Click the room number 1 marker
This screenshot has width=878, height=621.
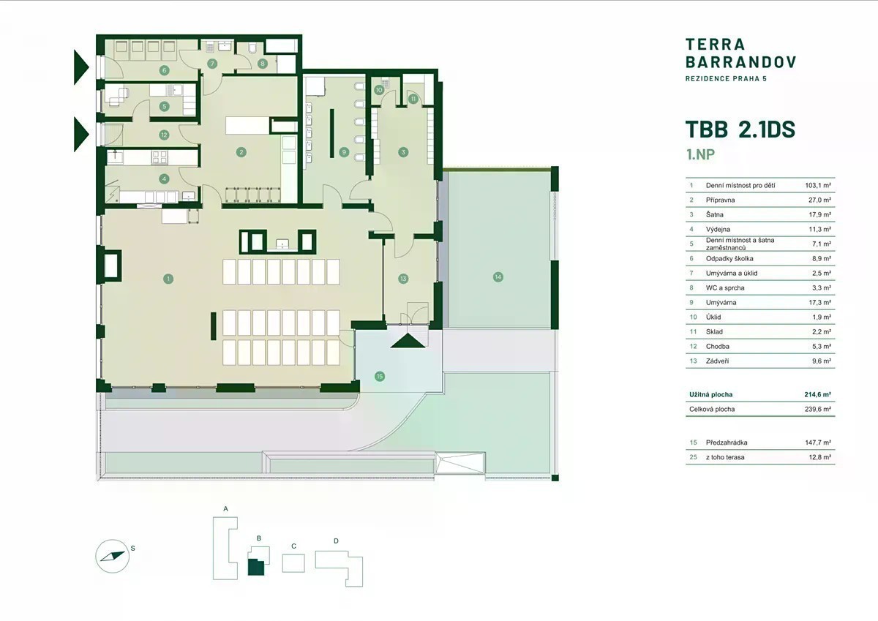tap(168, 279)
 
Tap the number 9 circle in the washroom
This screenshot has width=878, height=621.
tap(344, 152)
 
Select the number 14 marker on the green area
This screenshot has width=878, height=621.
tap(498, 277)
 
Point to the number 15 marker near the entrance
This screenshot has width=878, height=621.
tap(380, 377)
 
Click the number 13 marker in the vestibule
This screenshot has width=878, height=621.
tap(403, 279)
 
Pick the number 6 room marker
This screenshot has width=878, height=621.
tap(164, 70)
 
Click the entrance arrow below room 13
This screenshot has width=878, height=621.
tap(408, 341)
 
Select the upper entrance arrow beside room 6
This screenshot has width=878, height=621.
tap(81, 67)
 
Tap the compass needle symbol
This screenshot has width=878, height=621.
tap(113, 557)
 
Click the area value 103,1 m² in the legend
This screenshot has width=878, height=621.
tap(818, 185)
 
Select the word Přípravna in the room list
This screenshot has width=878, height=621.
tap(721, 200)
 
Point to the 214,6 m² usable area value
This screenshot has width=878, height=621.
tap(818, 394)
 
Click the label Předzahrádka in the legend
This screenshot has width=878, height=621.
tap(727, 443)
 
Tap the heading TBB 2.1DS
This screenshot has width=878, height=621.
tap(740, 129)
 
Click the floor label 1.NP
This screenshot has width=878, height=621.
tap(700, 154)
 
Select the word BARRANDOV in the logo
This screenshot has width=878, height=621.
tap(740, 62)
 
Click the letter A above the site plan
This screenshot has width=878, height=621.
tap(225, 509)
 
